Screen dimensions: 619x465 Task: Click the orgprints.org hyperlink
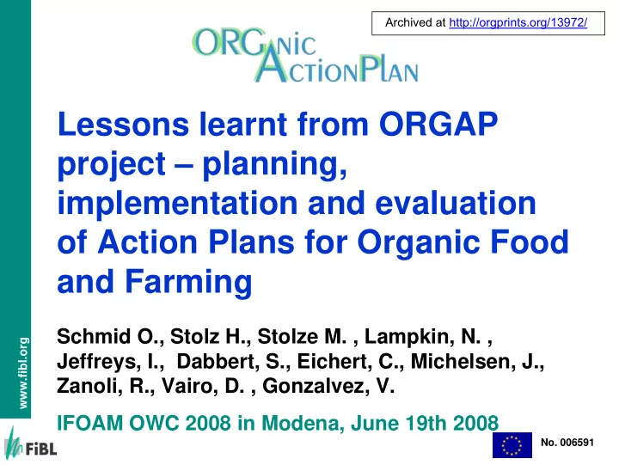518,22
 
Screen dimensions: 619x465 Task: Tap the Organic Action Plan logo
305,55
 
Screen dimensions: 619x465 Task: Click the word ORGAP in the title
438,124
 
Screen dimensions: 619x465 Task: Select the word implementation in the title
177,203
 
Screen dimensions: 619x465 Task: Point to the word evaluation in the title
455,203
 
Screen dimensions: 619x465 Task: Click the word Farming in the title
188,282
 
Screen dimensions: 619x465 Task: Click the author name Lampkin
409,337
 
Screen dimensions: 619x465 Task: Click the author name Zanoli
90,386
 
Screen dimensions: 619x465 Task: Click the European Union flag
512,445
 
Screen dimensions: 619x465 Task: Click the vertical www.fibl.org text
23,373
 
